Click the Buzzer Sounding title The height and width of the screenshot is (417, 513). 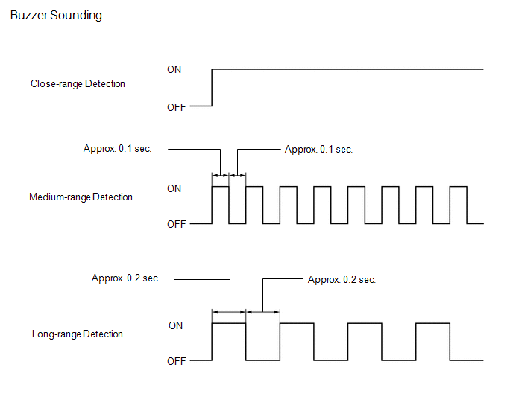[57, 16]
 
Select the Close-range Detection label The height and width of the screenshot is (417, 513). [78, 83]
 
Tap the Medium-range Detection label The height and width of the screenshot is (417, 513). [81, 197]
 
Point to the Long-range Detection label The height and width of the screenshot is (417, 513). [78, 334]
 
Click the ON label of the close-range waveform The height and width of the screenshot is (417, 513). [174, 69]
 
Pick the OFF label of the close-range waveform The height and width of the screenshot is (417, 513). [176, 107]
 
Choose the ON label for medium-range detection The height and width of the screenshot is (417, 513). [174, 188]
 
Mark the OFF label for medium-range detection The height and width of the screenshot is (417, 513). [176, 224]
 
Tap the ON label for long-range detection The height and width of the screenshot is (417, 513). [176, 325]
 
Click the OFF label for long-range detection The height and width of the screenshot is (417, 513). [176, 361]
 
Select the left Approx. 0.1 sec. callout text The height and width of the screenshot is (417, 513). [118, 149]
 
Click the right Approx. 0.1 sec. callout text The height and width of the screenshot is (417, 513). [318, 150]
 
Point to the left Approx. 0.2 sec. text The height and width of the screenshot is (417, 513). [125, 278]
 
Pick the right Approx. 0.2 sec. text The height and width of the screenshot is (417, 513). [342, 279]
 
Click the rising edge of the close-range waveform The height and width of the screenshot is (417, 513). [212, 88]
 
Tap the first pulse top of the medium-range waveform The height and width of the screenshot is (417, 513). [221, 187]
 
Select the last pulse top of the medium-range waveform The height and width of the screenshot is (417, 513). [459, 187]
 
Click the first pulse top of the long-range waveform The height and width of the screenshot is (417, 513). [229, 323]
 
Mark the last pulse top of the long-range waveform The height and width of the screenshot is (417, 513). [432, 323]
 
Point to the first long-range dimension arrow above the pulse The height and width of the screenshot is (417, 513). [229, 312]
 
